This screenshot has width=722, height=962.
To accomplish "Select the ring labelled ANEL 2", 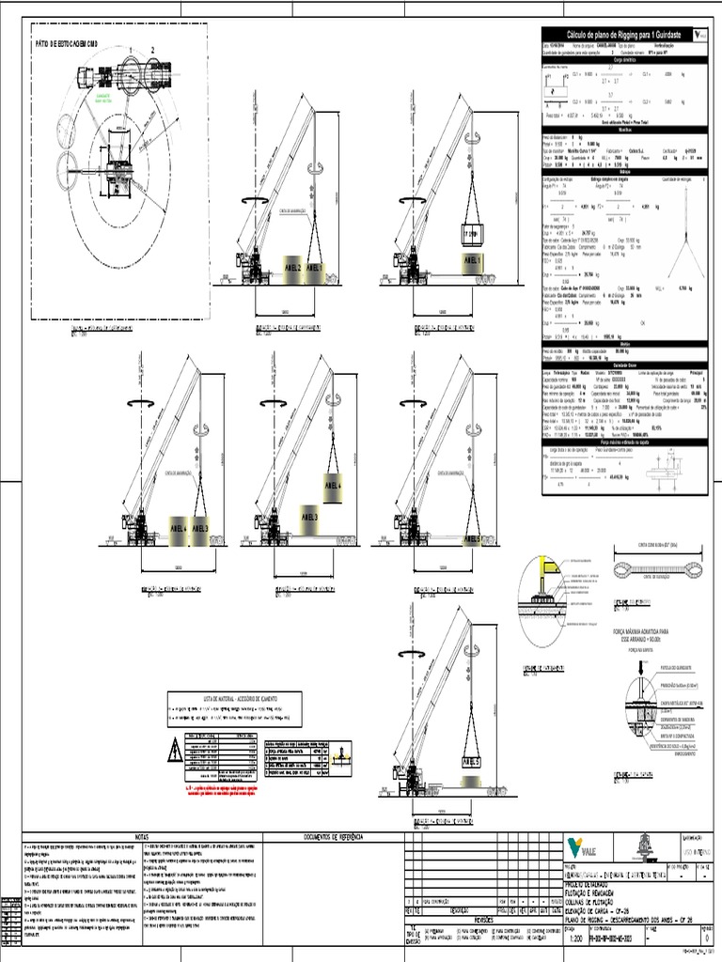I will click(291, 268).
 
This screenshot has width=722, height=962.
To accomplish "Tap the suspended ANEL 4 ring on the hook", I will click(334, 486).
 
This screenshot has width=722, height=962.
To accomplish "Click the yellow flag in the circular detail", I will click(544, 566).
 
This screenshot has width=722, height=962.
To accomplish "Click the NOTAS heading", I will click(142, 835).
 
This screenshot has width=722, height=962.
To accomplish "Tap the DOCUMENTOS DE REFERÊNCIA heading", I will click(332, 835).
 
